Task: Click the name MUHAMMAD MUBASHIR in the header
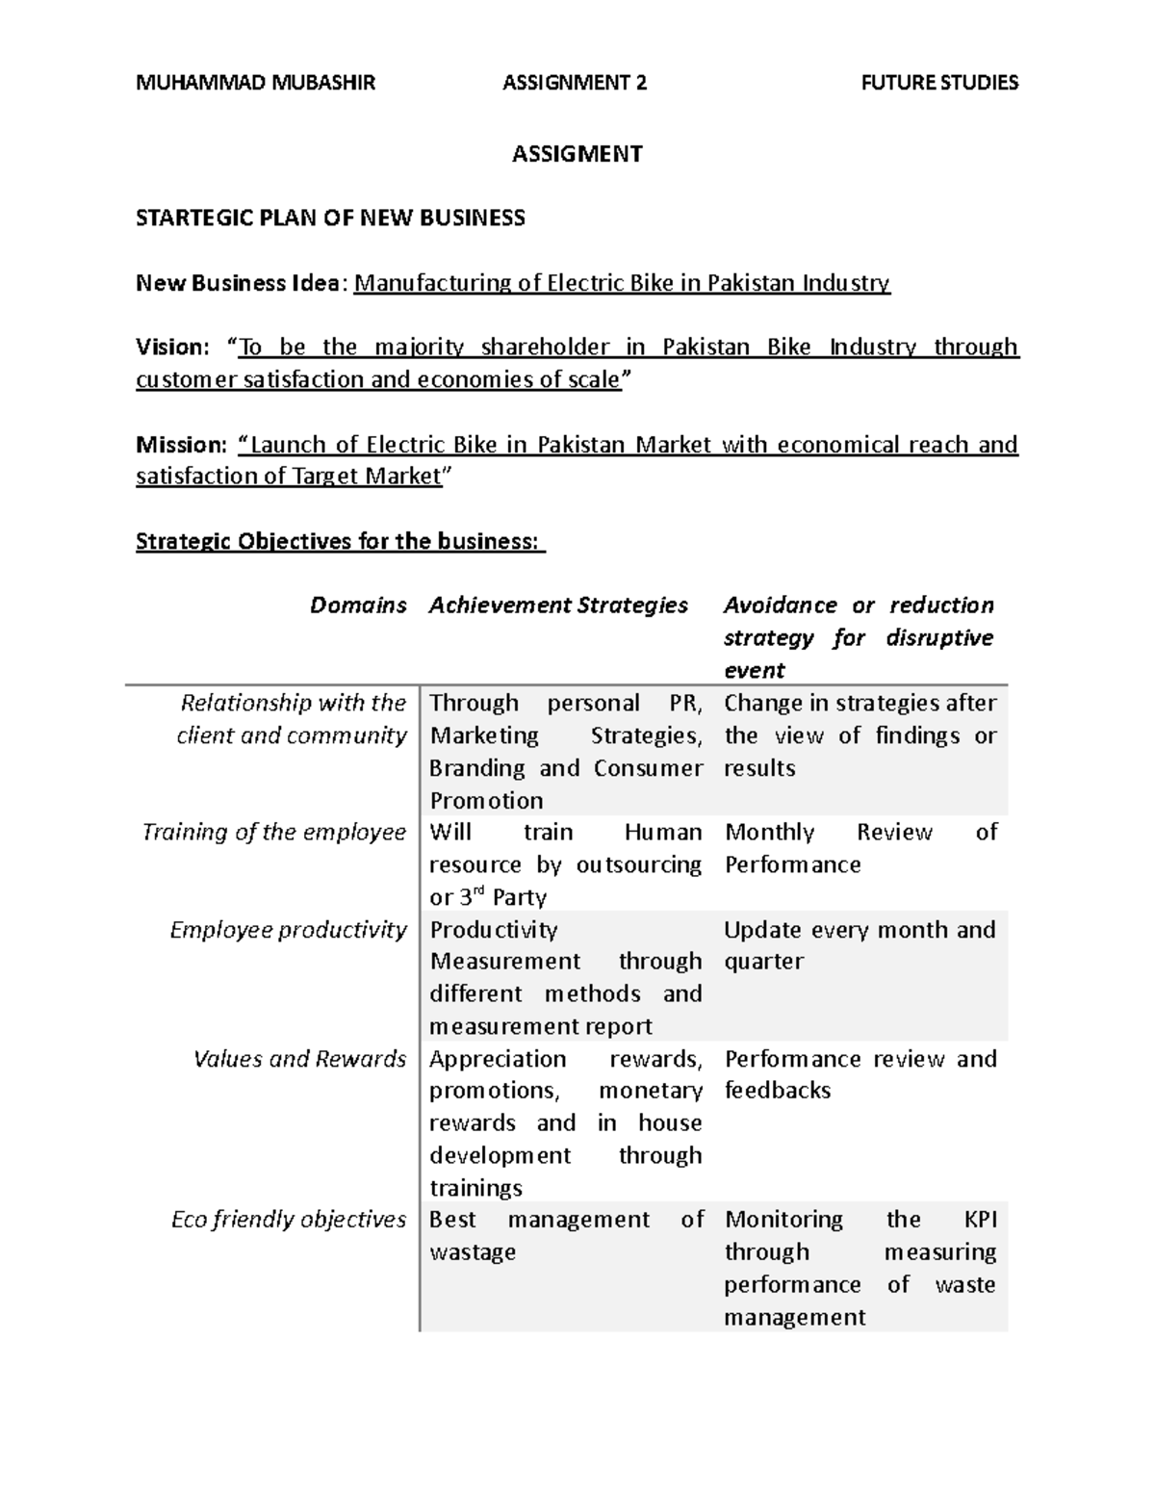point(255,83)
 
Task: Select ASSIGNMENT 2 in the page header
point(575,83)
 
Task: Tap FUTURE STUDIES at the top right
point(938,83)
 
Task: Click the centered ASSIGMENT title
point(577,154)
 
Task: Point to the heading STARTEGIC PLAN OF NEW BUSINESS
point(330,218)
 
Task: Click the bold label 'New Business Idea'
point(237,283)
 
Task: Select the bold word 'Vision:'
point(171,347)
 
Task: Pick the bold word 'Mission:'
point(181,445)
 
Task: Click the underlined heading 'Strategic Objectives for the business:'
point(340,541)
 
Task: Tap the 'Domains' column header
point(358,606)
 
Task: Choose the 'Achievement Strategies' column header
point(558,606)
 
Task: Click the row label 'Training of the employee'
point(274,832)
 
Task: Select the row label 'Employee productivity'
point(288,930)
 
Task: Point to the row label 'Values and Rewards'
point(299,1059)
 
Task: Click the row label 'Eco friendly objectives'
point(288,1220)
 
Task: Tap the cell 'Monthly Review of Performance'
point(860,848)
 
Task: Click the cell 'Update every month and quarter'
point(859,945)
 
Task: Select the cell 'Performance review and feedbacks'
point(860,1074)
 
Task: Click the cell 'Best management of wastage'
point(566,1236)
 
